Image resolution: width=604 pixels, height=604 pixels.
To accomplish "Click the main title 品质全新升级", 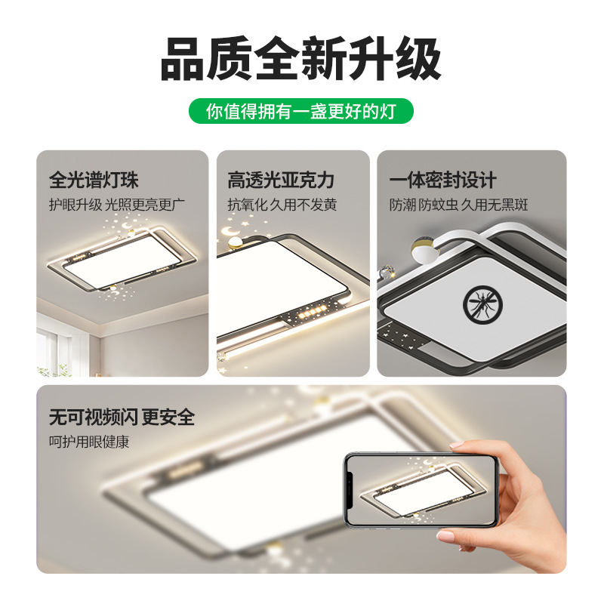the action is point(300,58).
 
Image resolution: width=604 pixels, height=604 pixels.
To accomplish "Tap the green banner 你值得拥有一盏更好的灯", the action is point(300,111).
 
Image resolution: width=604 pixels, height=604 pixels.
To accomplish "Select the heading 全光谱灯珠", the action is point(94,180).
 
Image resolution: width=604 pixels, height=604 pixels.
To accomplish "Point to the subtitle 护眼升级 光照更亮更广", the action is point(117,205).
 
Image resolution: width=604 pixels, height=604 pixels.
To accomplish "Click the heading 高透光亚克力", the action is point(280,180).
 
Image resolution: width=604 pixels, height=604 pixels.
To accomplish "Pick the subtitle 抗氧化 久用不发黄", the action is point(282,205).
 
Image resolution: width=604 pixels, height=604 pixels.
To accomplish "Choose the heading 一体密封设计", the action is point(442,180).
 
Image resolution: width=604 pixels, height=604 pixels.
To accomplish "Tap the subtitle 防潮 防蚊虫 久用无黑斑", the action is point(458,205).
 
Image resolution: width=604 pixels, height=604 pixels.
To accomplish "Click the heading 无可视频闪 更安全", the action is point(122,417).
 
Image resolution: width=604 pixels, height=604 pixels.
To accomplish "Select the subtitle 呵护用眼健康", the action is point(89,442).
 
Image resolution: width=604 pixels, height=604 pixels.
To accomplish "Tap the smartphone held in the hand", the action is point(421,489).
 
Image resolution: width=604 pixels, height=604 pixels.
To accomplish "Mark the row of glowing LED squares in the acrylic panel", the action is point(313,311).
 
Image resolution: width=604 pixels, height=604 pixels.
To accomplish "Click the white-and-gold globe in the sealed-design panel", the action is point(424,251).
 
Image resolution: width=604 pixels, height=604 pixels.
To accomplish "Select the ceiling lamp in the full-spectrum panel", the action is point(122,258).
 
